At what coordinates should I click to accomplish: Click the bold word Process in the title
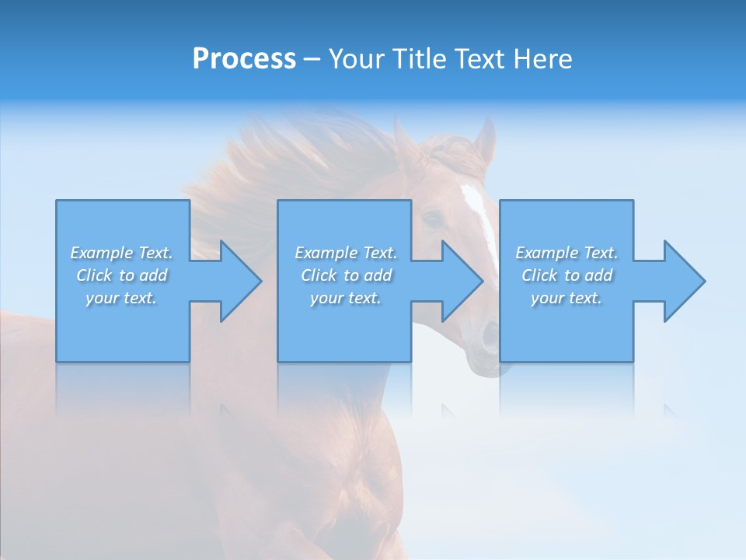(244, 58)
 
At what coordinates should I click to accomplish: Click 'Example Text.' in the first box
(121, 253)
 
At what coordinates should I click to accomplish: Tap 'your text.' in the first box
(121, 298)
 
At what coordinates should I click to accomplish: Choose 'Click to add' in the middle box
(346, 275)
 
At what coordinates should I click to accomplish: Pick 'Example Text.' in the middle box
(346, 253)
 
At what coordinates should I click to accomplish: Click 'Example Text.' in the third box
(566, 253)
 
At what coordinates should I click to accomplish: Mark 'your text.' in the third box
(566, 298)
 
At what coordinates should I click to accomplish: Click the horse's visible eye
(431, 219)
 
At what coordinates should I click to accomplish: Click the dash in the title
(312, 60)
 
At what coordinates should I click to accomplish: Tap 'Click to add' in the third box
(566, 275)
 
